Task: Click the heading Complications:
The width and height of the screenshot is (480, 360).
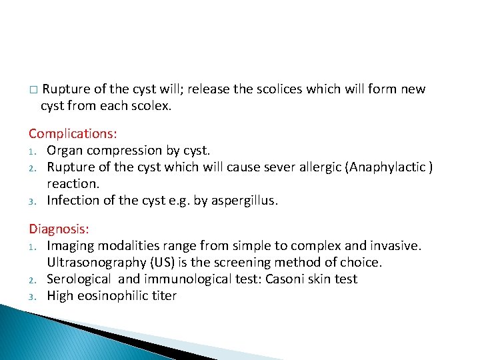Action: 73,134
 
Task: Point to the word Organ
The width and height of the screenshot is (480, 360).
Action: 65,150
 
